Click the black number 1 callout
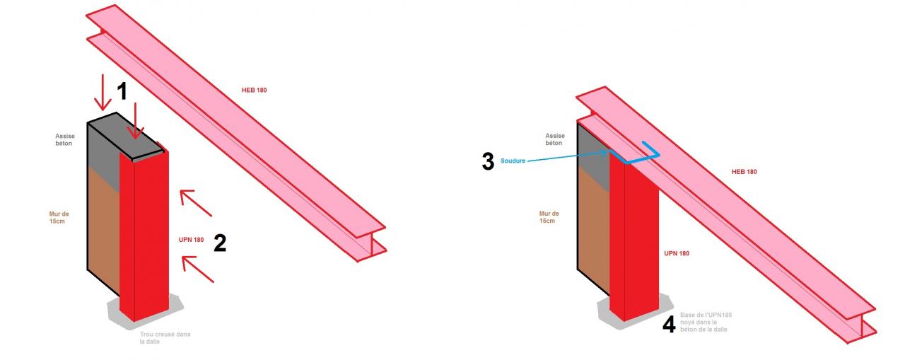tap(122, 91)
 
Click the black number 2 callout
tap(219, 243)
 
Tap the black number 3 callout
tap(488, 161)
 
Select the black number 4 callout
tap(669, 325)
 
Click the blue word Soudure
tap(513, 161)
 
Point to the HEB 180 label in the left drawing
tap(254, 90)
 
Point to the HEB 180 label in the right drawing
tap(744, 172)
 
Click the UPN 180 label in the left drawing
tap(191, 240)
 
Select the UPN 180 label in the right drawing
tap(677, 253)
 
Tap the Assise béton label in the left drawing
tap(65, 139)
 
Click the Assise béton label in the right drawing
tap(555, 139)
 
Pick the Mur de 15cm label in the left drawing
tap(60, 217)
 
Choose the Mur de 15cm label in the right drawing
tap(549, 217)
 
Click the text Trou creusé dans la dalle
tap(165, 338)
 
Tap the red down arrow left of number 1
tap(103, 91)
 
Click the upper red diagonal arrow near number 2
tap(196, 202)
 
